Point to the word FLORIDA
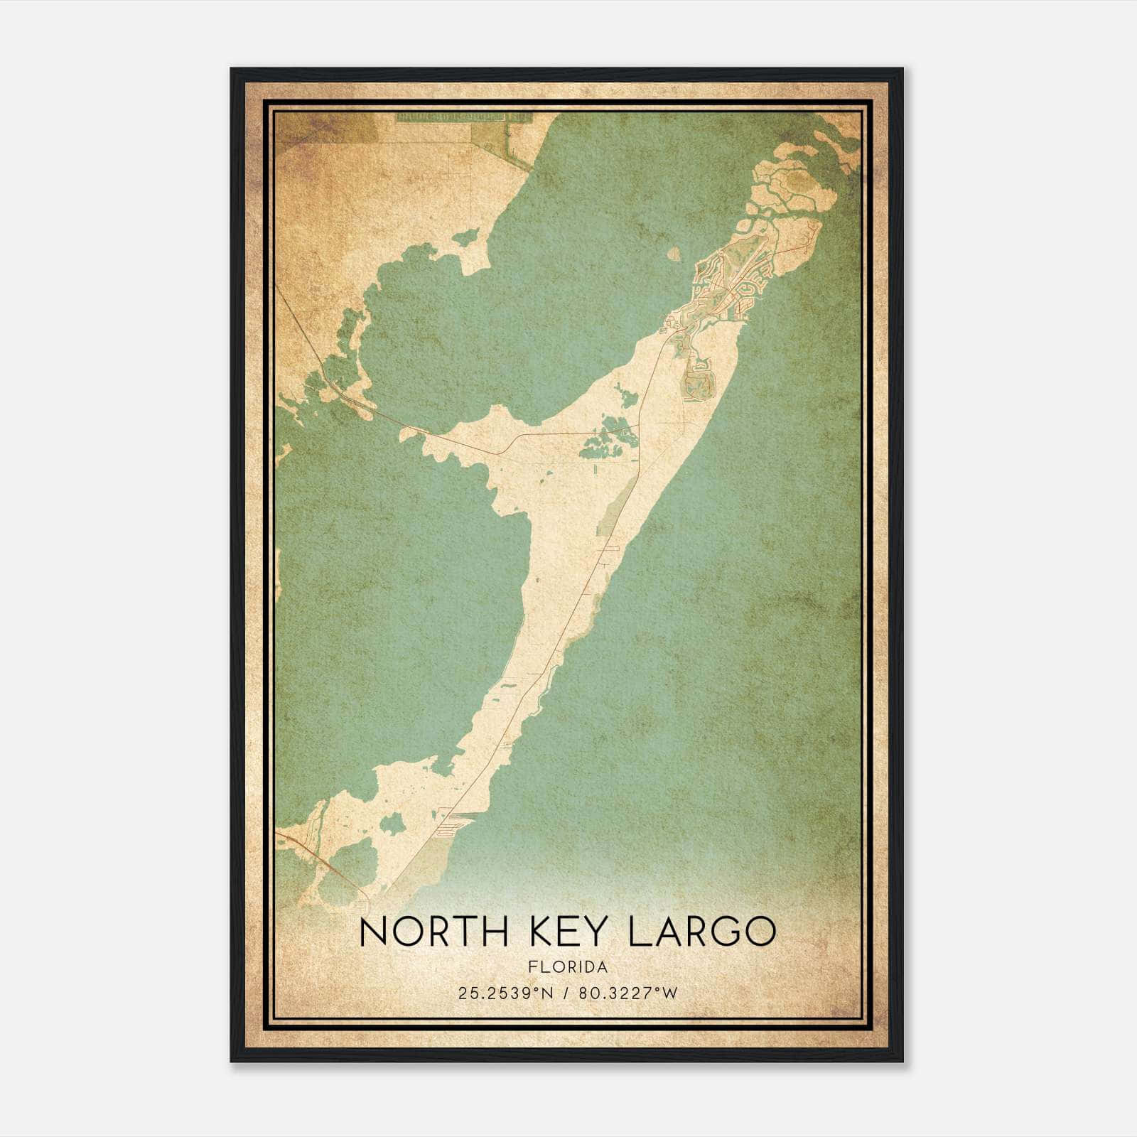pos(568,967)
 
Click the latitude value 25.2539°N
pos(505,993)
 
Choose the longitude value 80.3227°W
pos(628,993)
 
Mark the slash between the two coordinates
pos(566,993)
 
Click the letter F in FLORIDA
pos(532,967)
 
